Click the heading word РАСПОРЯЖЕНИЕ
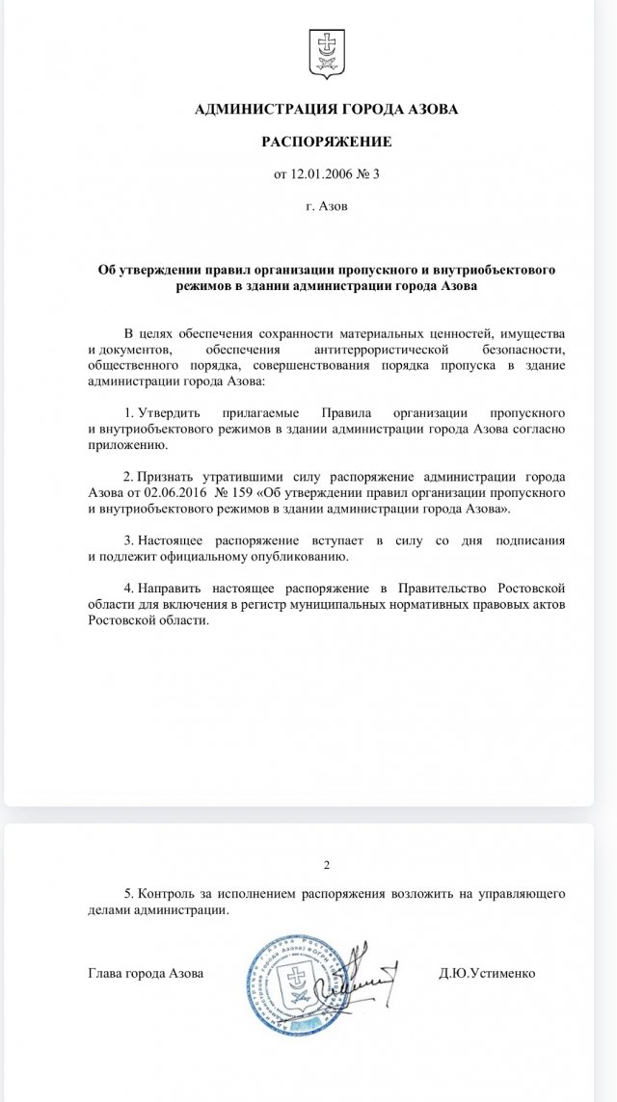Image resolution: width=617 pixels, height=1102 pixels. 327,142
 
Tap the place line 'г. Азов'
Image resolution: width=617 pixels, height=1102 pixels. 327,206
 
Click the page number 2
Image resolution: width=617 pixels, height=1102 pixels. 327,865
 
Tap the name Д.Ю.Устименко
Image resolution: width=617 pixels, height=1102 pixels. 487,973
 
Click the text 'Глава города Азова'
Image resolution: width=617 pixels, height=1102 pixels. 146,973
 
